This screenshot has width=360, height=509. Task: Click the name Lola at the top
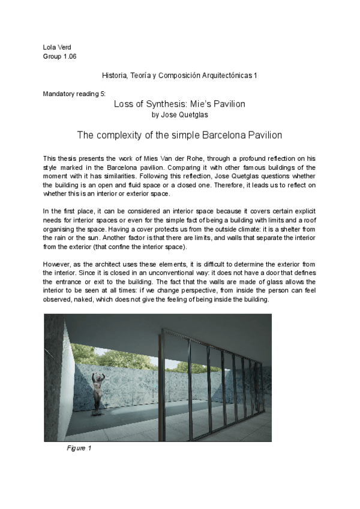tap(50, 47)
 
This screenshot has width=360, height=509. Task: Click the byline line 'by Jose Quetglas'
tap(179, 114)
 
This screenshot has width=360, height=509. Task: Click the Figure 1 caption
tap(79, 448)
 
